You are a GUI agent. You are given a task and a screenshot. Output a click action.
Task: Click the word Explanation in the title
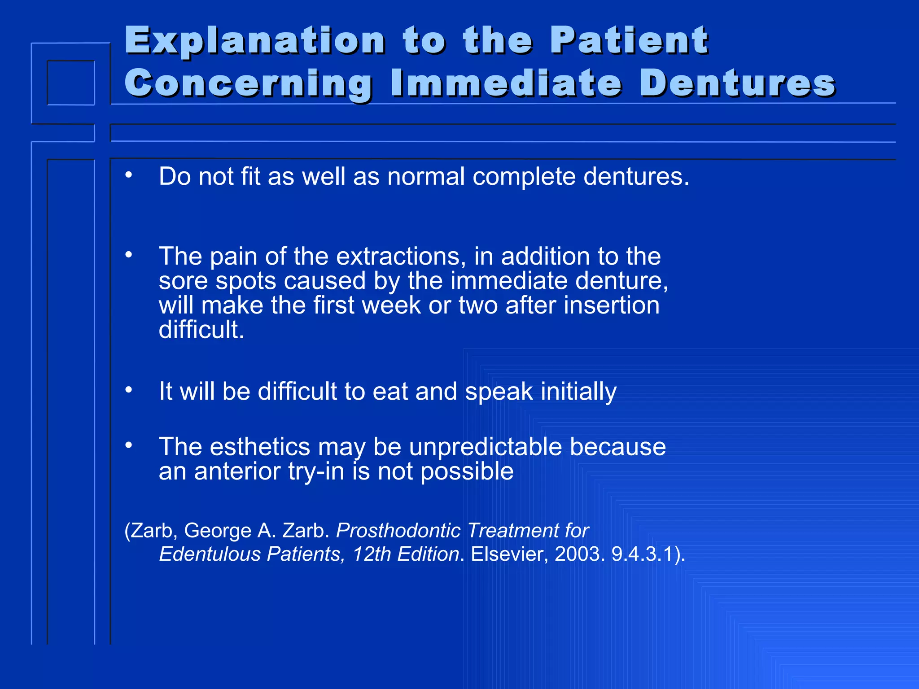tap(254, 41)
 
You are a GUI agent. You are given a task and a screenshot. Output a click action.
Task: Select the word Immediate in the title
tap(506, 83)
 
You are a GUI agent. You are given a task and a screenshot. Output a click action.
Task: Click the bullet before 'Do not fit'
tap(129, 175)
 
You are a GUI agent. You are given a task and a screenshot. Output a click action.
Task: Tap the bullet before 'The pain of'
tap(129, 255)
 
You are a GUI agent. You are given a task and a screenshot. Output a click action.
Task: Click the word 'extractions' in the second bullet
tap(398, 257)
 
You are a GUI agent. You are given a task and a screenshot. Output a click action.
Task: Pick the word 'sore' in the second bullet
tap(183, 281)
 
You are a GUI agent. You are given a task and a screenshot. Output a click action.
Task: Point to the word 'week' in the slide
tap(391, 305)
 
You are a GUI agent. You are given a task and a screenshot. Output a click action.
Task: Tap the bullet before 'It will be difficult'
tap(129, 390)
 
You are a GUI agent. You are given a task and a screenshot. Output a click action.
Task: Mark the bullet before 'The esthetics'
tap(129, 445)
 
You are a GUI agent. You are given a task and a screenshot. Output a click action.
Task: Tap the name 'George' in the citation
tap(218, 531)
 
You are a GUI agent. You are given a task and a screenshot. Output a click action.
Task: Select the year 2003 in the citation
tap(577, 554)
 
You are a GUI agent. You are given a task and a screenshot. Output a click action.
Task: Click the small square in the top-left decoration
tap(71, 83)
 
